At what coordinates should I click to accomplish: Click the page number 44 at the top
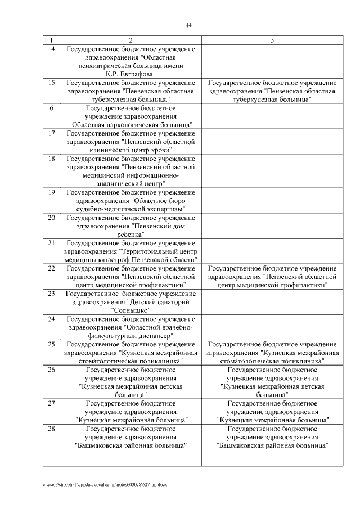click(188, 25)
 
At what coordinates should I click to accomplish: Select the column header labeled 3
click(272, 40)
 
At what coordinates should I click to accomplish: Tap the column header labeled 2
click(130, 40)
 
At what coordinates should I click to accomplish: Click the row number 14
click(52, 49)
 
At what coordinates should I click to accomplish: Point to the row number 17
click(52, 133)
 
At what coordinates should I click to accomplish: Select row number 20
click(52, 217)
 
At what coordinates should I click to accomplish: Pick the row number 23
click(52, 293)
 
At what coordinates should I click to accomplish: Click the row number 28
click(52, 429)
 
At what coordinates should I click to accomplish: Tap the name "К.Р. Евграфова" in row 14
click(130, 74)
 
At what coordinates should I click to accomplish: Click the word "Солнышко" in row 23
click(130, 310)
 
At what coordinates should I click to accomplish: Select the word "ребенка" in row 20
click(130, 234)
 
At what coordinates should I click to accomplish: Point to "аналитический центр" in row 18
click(130, 183)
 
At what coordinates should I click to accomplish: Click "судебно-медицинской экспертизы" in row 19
click(130, 209)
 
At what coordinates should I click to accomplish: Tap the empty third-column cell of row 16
click(272, 116)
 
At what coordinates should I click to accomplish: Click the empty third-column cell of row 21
click(272, 251)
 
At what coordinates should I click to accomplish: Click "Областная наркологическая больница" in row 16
click(130, 124)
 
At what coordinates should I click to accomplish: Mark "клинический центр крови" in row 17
click(130, 150)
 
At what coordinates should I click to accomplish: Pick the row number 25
click(52, 344)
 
